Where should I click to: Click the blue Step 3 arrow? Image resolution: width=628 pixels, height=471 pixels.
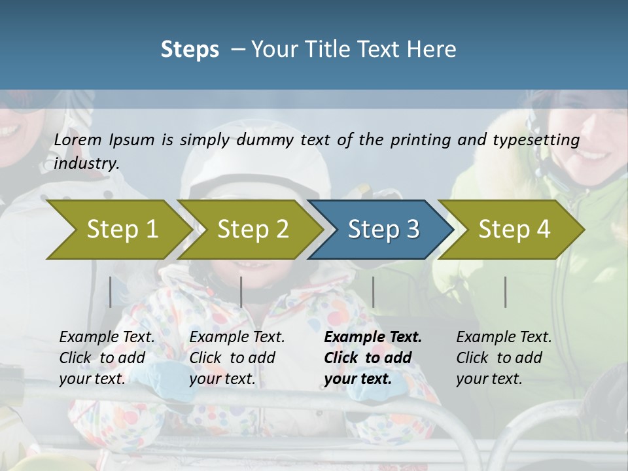pyautogui.click(x=383, y=230)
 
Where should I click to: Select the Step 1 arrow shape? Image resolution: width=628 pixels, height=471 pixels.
pyautogui.click(x=122, y=230)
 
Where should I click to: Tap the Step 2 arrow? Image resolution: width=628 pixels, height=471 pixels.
pyautogui.click(x=253, y=230)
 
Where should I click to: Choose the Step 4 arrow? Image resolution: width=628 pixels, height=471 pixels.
pyautogui.click(x=514, y=230)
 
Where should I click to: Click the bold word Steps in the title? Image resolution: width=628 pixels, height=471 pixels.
pyautogui.click(x=190, y=50)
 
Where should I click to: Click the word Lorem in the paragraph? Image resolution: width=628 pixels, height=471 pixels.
pyautogui.click(x=78, y=140)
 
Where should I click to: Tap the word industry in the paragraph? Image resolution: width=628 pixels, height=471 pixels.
pyautogui.click(x=86, y=164)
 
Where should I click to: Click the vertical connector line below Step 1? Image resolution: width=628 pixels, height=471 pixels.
pyautogui.click(x=111, y=292)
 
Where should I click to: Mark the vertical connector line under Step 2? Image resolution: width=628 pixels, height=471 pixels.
pyautogui.click(x=241, y=292)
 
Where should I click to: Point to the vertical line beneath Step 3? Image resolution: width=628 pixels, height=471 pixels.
pyautogui.click(x=374, y=292)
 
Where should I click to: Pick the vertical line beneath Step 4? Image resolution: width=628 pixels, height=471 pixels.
pyautogui.click(x=506, y=292)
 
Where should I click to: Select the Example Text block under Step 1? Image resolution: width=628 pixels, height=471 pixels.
pyautogui.click(x=107, y=358)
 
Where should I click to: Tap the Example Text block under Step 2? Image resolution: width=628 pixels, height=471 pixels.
pyautogui.click(x=237, y=358)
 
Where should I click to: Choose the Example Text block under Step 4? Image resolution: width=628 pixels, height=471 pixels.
pyautogui.click(x=504, y=358)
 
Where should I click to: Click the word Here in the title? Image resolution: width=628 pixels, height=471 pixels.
pyautogui.click(x=434, y=50)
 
